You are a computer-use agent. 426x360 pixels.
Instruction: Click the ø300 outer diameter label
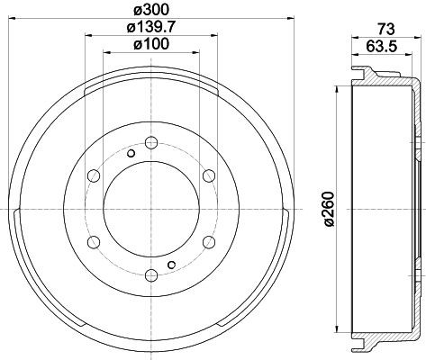click(150, 10)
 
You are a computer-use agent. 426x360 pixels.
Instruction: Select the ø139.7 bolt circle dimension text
click(150, 28)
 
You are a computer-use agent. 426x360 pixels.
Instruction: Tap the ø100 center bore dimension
click(150, 45)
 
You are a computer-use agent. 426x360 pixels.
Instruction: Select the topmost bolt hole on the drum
click(150, 141)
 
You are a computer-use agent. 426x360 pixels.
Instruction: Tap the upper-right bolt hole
click(208, 174)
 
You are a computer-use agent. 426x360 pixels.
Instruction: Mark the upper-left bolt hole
click(91, 174)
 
